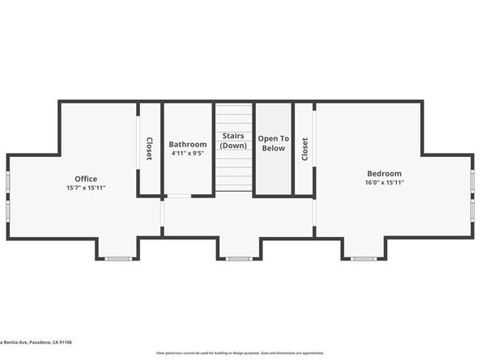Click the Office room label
[x=86, y=179]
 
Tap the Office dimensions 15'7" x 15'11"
[x=86, y=188]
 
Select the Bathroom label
[x=188, y=144]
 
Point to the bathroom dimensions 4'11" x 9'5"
[x=188, y=152]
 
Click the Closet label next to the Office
[x=149, y=149]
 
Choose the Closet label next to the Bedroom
[x=304, y=149]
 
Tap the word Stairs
[x=233, y=137]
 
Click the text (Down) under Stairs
[x=233, y=146]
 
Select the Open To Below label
[x=273, y=143]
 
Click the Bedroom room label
[x=384, y=173]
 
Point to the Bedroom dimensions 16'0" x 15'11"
[x=384, y=182]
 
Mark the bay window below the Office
[x=118, y=258]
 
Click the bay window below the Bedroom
[x=364, y=258]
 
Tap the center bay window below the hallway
[x=239, y=258]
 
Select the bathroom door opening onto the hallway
[x=179, y=196]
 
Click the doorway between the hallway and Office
[x=161, y=215]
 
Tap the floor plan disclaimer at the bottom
[x=240, y=353]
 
